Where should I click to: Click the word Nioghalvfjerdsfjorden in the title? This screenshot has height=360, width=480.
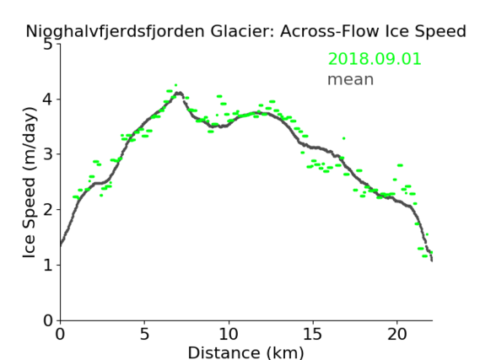pos(115,32)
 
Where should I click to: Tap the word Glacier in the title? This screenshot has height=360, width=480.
pos(241,31)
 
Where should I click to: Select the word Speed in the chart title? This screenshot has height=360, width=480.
pos(446,31)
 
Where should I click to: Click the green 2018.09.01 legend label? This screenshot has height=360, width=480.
pos(375,59)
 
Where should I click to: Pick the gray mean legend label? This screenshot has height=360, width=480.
pos(351,79)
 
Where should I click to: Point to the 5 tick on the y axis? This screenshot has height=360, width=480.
pos(48,45)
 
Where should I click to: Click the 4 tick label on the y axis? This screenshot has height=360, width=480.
pos(48,99)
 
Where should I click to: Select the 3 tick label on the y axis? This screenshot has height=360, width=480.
pos(48,154)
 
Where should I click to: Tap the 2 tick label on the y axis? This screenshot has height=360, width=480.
pos(48,210)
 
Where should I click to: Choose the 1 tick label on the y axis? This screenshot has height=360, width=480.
pos(48,265)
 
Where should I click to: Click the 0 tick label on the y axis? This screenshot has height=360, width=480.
pos(48,320)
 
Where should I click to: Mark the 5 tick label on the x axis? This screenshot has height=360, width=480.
pos(144,334)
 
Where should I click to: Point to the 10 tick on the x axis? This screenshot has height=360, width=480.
pos(229,334)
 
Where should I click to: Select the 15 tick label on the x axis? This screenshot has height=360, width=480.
pos(313,334)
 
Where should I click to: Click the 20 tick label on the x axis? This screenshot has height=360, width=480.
pos(397,334)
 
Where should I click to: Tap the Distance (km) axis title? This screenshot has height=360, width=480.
pos(245,352)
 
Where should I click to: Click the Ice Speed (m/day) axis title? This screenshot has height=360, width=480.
pos(29,182)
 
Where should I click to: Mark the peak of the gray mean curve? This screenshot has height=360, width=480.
pos(179,93)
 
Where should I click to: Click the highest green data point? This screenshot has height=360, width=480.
pos(175,85)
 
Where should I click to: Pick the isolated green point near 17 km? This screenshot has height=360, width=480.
pos(344,138)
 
